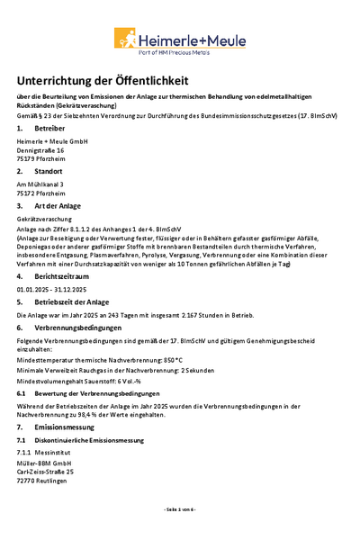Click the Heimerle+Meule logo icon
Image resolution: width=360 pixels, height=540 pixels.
tap(127, 38)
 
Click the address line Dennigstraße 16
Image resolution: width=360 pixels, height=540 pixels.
tap(48, 150)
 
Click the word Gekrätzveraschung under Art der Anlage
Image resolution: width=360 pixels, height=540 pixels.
tap(48, 219)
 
